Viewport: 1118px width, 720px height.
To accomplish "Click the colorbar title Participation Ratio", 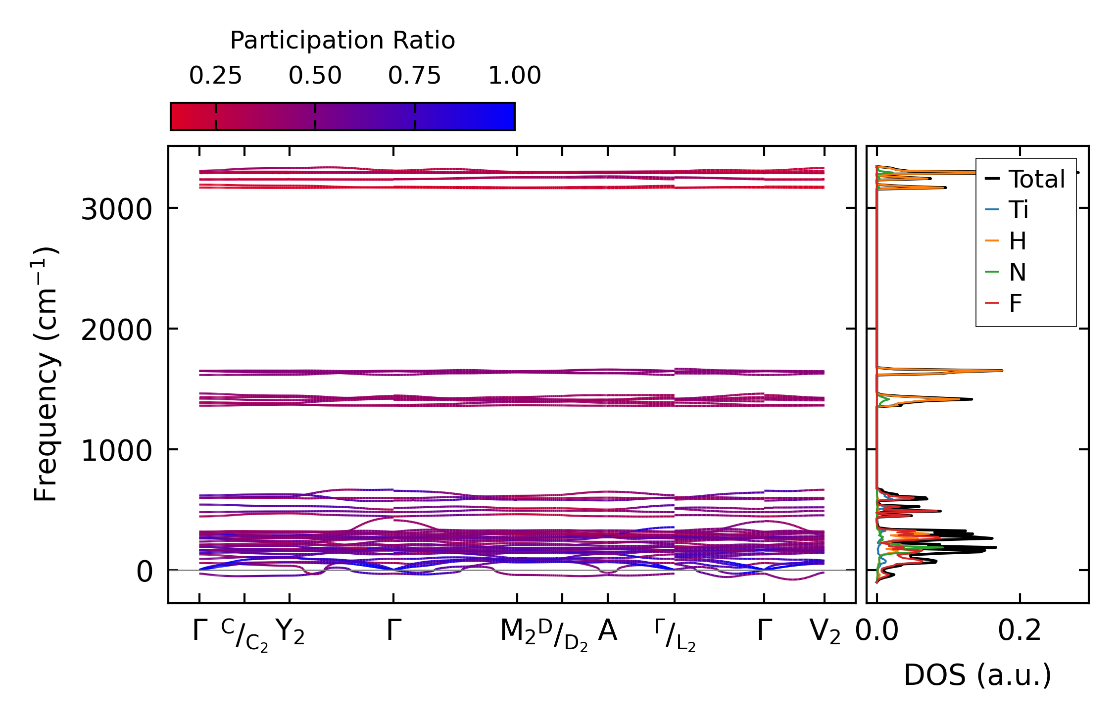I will pos(342,41).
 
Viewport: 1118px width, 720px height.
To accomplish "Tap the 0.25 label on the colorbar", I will pos(215,76).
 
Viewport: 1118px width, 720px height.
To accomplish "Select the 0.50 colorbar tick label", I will pos(315,76).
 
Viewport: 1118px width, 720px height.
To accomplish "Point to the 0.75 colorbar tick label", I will pos(414,76).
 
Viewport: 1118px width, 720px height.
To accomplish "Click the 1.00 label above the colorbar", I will pos(514,76).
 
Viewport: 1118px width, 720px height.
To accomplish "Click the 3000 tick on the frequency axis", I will pos(116,210).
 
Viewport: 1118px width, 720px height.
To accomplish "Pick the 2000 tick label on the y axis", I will pos(116,330).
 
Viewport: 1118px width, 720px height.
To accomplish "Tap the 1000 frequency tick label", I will pos(116,451).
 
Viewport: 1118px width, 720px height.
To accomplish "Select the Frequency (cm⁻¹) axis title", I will pos(46,374).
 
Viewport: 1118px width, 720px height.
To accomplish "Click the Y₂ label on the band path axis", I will pos(290,632).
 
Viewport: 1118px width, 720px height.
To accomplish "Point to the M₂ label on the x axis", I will pos(518,632).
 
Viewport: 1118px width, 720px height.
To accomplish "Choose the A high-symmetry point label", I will pos(607,631).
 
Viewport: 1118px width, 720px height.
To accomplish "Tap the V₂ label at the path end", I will pos(825,632).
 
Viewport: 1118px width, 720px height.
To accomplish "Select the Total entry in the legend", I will pos(1036,179).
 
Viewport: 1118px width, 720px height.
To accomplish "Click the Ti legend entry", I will pos(1019,210).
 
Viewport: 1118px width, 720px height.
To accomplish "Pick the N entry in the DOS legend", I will pos(1018,272).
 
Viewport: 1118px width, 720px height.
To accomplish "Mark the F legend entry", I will pos(1016,303).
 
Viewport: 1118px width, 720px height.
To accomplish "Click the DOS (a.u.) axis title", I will pos(977,675).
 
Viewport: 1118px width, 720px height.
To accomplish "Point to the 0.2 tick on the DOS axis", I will pos(1020,632).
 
